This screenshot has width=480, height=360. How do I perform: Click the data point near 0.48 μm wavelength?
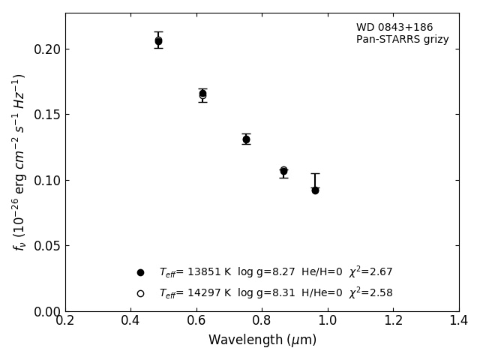(x=158, y=41)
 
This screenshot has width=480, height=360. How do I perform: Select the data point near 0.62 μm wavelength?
(x=202, y=94)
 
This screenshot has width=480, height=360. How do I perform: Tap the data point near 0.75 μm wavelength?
(x=246, y=139)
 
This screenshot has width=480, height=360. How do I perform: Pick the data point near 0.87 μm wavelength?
(x=283, y=171)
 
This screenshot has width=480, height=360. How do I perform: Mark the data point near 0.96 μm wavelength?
(x=315, y=190)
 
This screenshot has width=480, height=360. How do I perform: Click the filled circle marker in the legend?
(x=140, y=272)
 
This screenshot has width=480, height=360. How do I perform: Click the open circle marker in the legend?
(x=140, y=293)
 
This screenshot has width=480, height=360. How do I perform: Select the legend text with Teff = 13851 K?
(x=275, y=272)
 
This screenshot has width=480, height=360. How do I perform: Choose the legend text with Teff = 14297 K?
(x=275, y=293)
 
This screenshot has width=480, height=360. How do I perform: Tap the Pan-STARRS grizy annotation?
(x=403, y=40)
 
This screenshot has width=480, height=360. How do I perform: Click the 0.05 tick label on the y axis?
(x=47, y=246)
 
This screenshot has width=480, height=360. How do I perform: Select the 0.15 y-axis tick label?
(x=47, y=115)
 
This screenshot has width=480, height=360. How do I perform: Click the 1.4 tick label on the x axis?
(x=459, y=321)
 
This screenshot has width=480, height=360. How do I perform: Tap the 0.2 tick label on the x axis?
(x=65, y=321)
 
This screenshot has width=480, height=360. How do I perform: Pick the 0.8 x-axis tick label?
(x=262, y=321)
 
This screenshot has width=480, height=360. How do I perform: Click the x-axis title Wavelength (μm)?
(x=262, y=340)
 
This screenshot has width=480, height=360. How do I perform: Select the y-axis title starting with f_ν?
(x=19, y=161)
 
